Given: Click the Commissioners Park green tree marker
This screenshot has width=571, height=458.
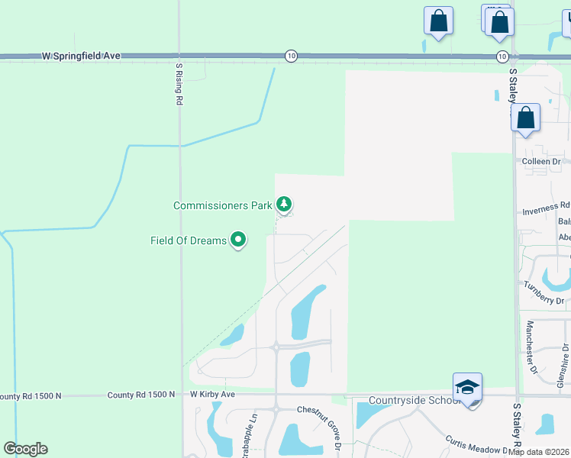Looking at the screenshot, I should coord(284,205).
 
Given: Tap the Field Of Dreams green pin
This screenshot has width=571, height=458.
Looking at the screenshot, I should coord(238,240).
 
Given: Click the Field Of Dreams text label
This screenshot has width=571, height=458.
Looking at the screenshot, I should coord(189,241).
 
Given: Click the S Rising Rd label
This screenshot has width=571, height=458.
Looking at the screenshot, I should coord(179,84).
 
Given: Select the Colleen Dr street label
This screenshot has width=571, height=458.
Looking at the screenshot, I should coord(541,162).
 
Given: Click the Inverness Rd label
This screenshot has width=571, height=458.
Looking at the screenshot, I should coord(546,206).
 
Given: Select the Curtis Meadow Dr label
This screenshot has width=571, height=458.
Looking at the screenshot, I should coord(479,444).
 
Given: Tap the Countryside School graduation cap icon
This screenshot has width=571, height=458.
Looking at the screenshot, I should coord(467,386).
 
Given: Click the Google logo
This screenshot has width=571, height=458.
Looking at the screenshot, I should coord(25,449).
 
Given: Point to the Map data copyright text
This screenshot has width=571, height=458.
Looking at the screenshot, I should coord(538,452).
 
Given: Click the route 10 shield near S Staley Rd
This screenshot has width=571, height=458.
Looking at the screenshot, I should coord(502,56).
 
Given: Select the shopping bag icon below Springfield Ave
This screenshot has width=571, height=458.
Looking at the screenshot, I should coord(526,118).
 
